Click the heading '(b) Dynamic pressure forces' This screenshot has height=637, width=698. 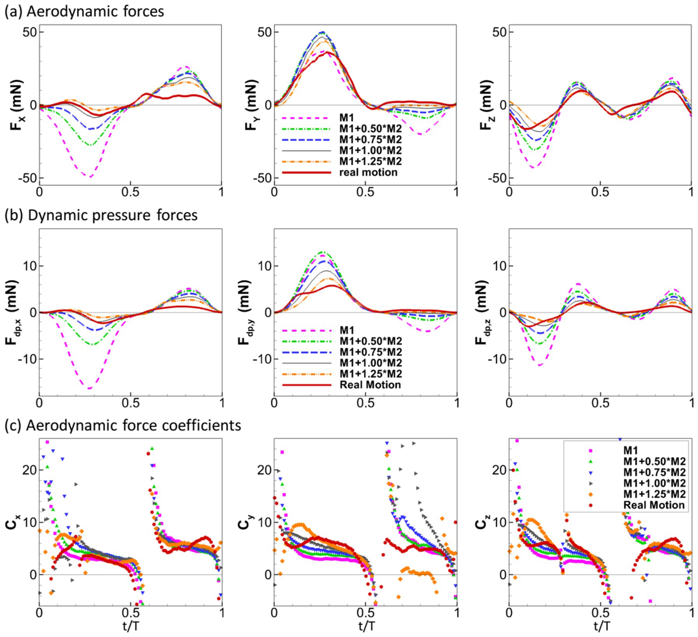tap(101, 215)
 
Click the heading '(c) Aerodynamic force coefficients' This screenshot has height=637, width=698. tap(122, 425)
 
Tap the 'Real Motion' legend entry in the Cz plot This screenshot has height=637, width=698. tap(654, 505)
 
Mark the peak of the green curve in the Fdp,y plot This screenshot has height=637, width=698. tap(323, 252)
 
